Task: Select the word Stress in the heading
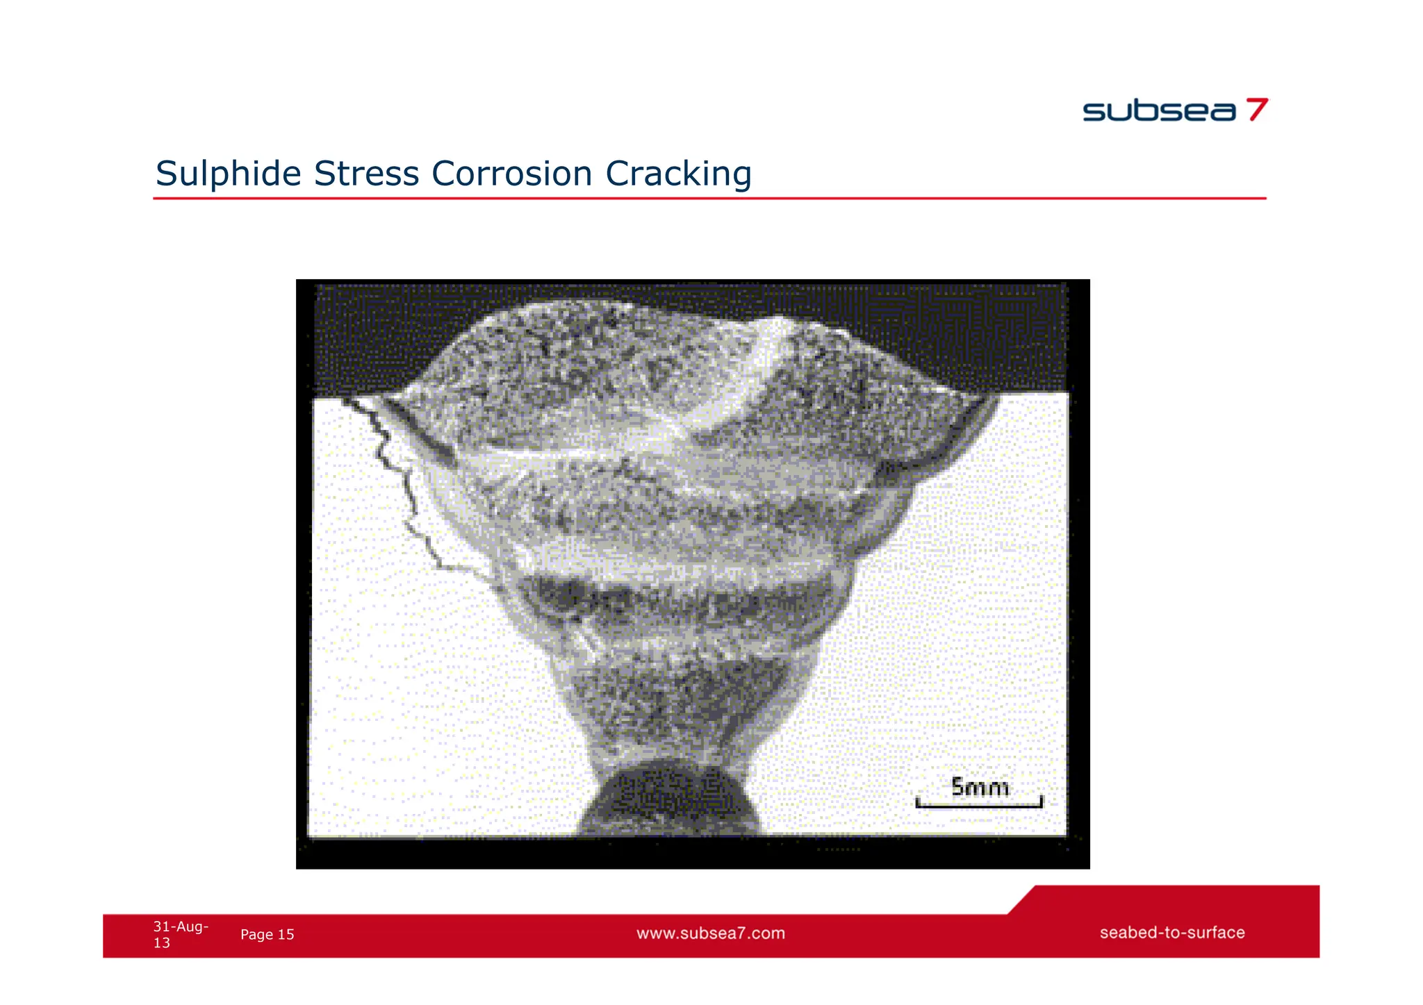366,174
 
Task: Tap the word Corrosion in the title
511,174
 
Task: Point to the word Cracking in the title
678,174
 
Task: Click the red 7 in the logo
1256,110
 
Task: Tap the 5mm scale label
979,788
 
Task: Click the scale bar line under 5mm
979,806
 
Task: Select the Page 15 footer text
267,935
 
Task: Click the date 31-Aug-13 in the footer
180,934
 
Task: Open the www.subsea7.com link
710,933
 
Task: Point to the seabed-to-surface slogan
1171,933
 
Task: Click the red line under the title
709,199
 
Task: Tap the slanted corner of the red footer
1021,900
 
